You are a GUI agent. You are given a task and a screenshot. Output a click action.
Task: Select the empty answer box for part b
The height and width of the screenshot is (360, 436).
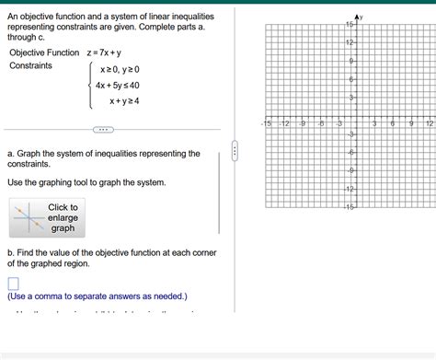(x=13, y=284)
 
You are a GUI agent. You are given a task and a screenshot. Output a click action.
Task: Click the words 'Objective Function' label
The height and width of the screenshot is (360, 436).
(x=44, y=52)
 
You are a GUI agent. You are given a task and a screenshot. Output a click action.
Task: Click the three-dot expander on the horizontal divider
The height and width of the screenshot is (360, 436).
(x=102, y=129)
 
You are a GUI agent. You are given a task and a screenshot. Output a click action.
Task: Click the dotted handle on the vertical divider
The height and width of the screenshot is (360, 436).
(x=235, y=150)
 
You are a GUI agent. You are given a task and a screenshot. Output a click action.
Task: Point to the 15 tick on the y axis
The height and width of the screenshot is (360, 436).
(x=350, y=24)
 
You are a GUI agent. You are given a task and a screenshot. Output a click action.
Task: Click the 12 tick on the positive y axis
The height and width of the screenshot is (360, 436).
(x=350, y=43)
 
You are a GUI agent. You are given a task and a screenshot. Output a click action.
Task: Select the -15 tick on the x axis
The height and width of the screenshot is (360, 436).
(x=266, y=122)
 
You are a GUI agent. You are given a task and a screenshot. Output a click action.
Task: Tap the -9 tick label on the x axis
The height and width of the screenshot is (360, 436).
(x=303, y=122)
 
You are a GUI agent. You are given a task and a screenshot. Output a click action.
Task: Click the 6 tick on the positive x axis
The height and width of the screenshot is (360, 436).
(x=393, y=122)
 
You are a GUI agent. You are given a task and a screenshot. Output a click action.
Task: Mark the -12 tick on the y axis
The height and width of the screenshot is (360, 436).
(x=350, y=189)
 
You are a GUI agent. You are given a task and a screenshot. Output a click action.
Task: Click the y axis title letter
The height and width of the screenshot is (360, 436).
(x=361, y=17)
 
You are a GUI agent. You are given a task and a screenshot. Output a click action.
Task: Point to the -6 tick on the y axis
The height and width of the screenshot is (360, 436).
(x=350, y=153)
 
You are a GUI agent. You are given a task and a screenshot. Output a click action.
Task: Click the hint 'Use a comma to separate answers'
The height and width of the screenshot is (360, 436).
(x=97, y=296)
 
